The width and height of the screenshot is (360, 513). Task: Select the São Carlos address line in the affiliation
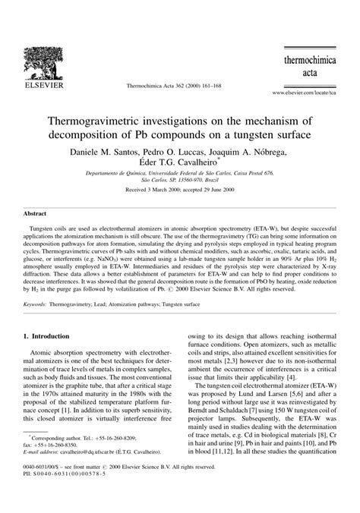(180, 181)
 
